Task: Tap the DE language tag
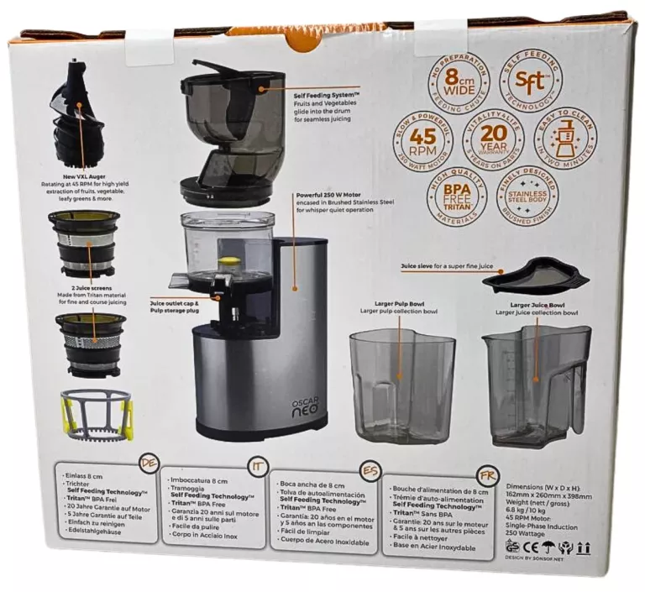pos(150,464)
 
